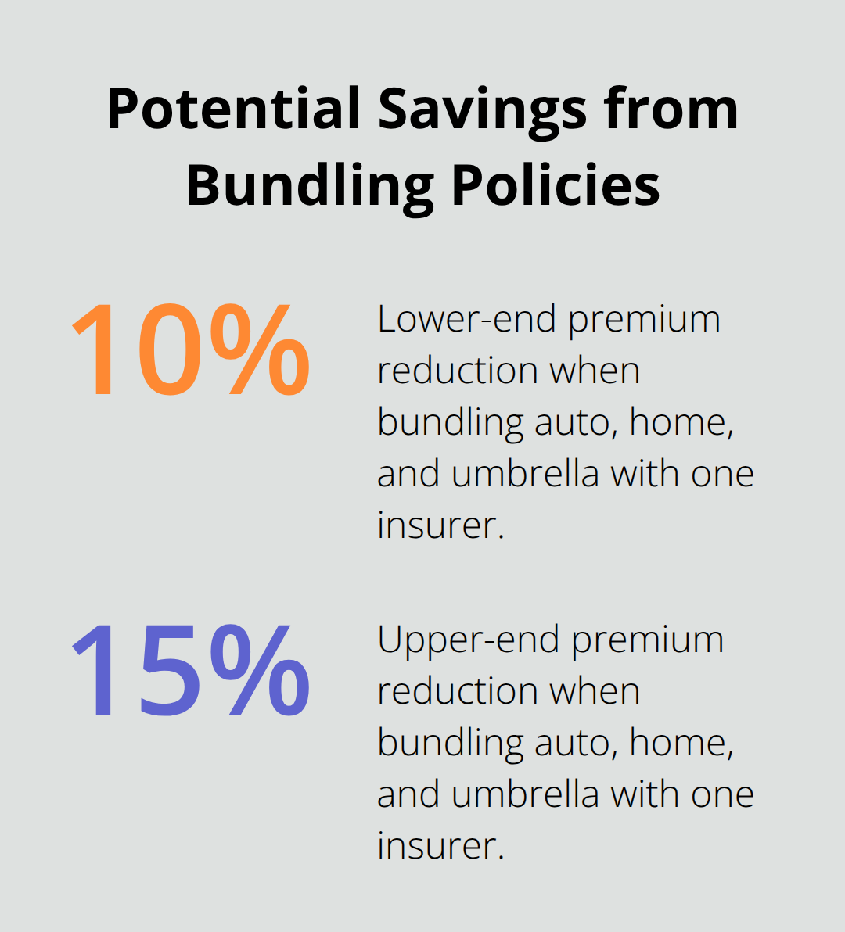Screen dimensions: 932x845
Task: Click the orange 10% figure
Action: click(x=190, y=349)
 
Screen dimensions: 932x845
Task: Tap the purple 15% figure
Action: click(x=190, y=669)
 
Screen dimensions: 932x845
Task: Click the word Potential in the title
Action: click(x=233, y=109)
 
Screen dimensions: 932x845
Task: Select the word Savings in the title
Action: click(x=483, y=109)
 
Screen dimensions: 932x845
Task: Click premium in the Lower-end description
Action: click(x=644, y=319)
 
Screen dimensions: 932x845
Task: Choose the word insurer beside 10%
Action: click(x=440, y=525)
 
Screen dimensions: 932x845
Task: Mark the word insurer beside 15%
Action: click(x=440, y=845)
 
